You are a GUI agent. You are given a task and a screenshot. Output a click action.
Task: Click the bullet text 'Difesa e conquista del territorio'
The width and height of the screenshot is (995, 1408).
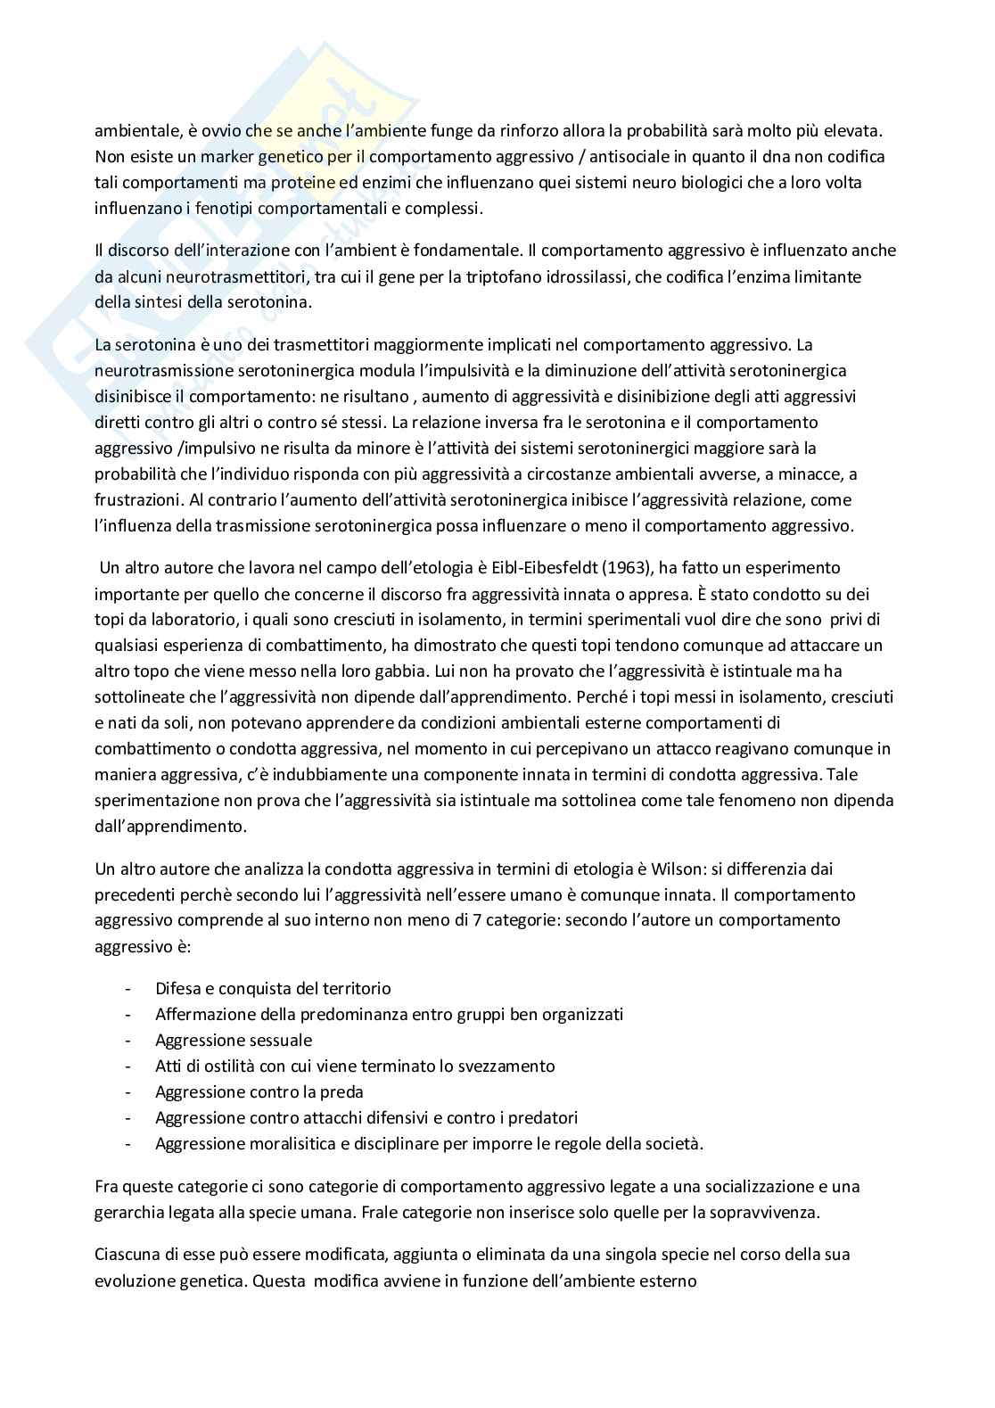273,988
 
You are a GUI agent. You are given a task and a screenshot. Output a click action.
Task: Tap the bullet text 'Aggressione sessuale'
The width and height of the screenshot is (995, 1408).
234,1040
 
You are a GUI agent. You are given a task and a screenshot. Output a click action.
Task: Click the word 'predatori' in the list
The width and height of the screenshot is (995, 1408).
543,1117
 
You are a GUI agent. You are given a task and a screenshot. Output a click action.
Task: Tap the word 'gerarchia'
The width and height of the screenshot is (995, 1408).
127,1213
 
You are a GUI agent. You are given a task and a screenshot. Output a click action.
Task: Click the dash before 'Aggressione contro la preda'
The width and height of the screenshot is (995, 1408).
131,1091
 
